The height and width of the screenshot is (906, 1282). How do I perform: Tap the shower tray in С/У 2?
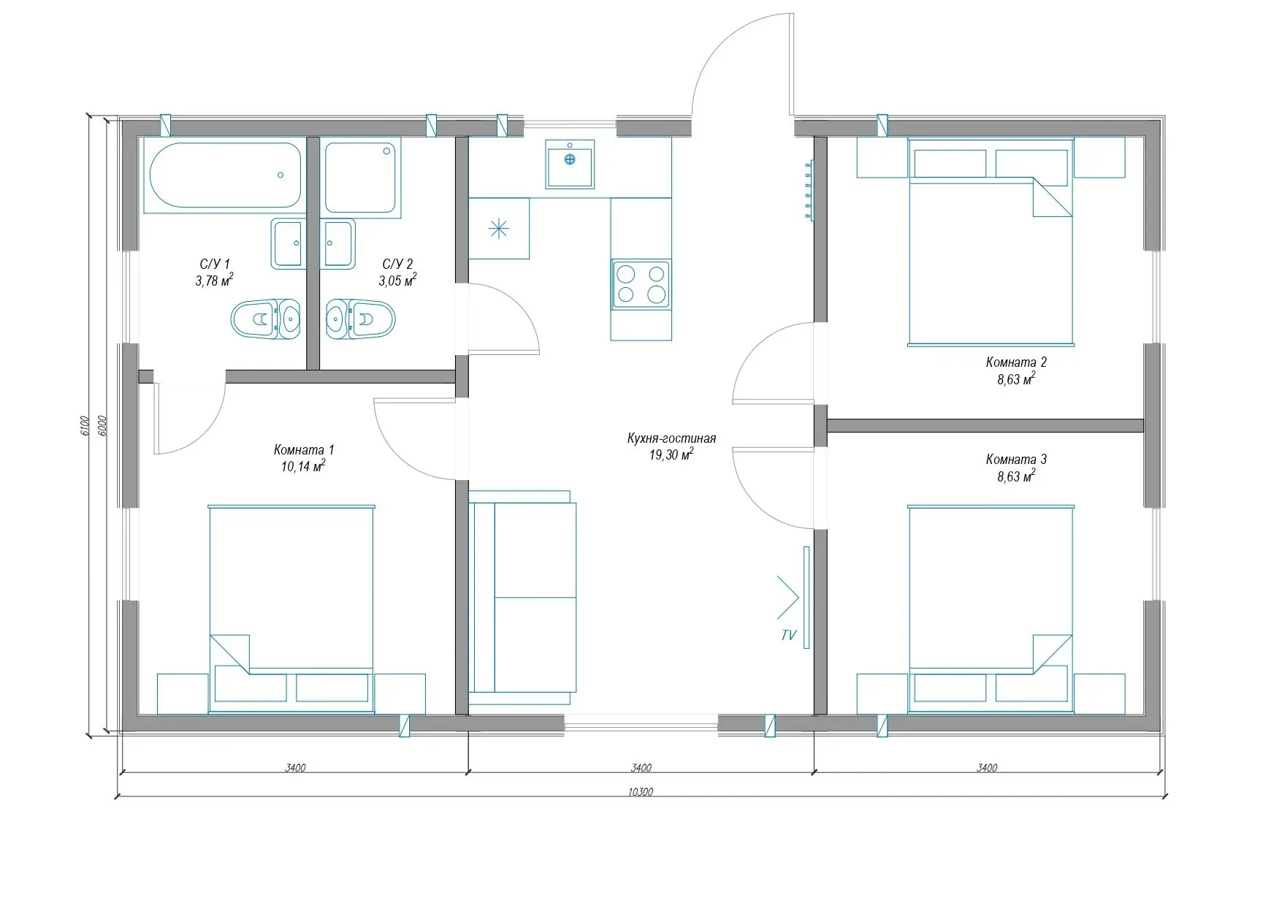362,178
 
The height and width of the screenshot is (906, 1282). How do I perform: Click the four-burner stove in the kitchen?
641,284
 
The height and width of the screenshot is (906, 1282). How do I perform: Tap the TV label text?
789,636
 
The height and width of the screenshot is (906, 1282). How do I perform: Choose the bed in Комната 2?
991,241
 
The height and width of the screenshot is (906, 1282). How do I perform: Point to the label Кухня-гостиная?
671,438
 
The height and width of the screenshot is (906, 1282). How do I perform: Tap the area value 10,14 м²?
303,466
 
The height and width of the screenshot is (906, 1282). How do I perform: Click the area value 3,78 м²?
214,280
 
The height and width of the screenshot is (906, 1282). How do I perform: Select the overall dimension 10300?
640,791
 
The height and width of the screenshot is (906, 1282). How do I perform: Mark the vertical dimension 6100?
84,426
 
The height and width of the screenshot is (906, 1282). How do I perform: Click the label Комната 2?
1016,362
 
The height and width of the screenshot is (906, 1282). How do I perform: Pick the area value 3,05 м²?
397,280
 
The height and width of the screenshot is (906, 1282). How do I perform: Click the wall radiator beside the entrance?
809,191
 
